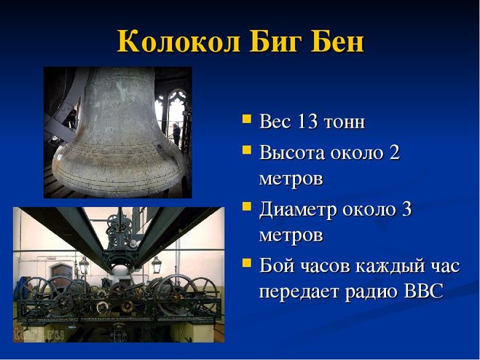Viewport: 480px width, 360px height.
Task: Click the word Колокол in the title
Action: (x=178, y=41)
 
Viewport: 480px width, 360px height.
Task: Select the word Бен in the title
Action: (x=338, y=41)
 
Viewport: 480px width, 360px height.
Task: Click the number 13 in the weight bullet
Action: (x=307, y=121)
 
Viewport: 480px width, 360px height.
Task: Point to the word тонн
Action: (x=345, y=122)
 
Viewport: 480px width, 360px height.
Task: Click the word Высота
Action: (x=291, y=152)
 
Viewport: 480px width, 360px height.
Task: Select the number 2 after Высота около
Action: (x=395, y=152)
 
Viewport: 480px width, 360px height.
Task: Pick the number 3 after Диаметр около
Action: (x=406, y=209)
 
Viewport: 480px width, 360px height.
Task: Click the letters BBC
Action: (x=424, y=291)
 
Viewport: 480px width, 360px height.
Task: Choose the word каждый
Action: (x=390, y=266)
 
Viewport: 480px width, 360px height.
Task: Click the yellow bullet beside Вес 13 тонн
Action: (x=246, y=119)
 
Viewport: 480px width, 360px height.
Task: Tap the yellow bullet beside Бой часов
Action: (x=246, y=262)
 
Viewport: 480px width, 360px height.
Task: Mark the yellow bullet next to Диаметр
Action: (x=246, y=206)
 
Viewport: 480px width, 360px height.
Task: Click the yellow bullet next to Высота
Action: (x=246, y=149)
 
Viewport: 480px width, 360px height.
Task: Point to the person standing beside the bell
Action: (x=177, y=135)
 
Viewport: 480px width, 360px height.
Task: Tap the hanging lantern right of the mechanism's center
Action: (x=157, y=265)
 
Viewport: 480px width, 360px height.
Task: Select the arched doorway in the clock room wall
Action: (x=61, y=273)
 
